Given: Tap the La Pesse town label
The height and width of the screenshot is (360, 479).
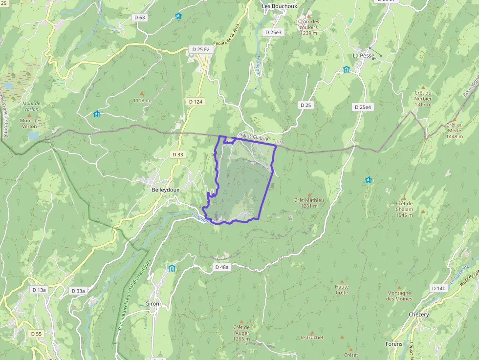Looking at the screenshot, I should point(363,56).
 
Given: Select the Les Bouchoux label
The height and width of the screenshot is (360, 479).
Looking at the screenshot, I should point(279,6).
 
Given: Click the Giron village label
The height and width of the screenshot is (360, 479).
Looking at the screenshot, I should point(152,304).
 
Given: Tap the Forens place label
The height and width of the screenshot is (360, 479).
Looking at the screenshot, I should point(394,344).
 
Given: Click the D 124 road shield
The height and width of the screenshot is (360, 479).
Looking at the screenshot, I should point(195,102).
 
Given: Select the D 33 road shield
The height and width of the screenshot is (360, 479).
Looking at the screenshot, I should point(178,154).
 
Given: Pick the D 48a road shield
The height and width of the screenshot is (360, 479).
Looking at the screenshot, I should point(222,267).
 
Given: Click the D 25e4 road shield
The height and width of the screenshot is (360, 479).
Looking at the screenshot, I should point(363,107).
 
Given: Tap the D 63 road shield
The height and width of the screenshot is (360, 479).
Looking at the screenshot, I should point(139,18).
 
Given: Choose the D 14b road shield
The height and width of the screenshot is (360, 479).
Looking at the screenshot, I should point(438,288).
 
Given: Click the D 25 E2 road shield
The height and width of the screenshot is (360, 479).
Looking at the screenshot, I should point(200,49).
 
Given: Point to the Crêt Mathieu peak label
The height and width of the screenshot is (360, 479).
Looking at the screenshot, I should point(309,203).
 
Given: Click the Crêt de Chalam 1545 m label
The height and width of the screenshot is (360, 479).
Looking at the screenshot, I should point(405,209).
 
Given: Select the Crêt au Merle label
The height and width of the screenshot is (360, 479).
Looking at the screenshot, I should point(454,130).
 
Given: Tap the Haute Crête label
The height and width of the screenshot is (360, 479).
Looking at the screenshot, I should point(342,290).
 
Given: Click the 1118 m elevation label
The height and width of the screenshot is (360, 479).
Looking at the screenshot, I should point(142,100).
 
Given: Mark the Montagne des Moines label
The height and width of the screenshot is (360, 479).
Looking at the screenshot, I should point(399,296).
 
